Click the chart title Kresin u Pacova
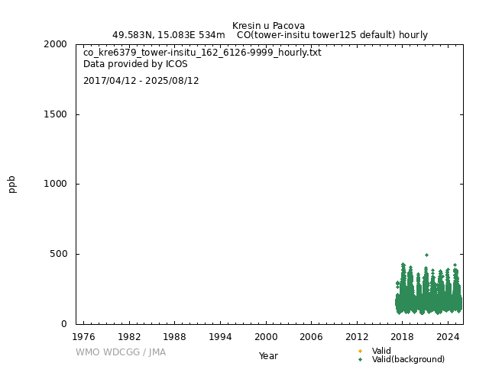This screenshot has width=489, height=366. click(268, 25)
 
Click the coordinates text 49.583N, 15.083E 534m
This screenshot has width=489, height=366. click(168, 35)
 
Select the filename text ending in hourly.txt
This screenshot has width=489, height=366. click(202, 53)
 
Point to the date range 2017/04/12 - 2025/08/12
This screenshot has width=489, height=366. click(141, 81)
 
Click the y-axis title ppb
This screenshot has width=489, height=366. click(12, 184)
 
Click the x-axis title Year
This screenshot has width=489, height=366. click(268, 356)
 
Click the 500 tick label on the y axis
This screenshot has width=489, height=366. click(60, 254)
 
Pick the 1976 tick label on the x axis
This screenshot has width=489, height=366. click(83, 337)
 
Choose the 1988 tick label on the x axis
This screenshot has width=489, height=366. click(175, 337)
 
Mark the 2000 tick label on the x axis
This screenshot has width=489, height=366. click(266, 337)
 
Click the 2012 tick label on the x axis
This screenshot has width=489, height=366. click(357, 337)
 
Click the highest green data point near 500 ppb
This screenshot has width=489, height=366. click(426, 255)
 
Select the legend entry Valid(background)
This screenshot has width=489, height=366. click(408, 360)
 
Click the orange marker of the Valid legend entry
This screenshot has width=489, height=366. click(360, 351)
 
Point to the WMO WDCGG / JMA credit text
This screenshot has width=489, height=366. click(121, 352)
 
